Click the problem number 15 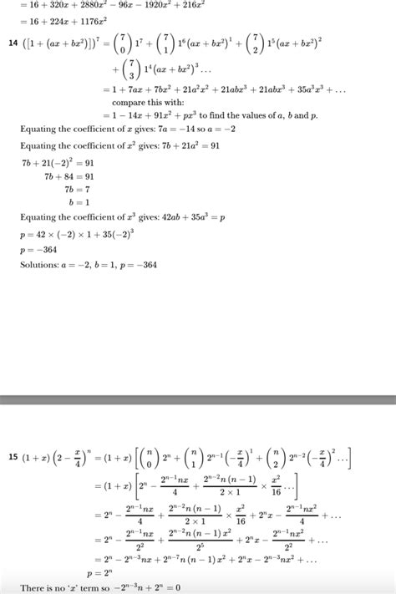point(13,457)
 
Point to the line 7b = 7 point(74,190)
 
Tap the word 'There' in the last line point(34,589)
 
